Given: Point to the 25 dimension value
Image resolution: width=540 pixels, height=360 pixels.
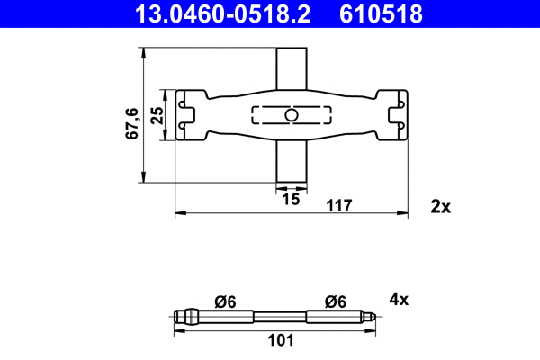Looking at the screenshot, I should click(x=157, y=115).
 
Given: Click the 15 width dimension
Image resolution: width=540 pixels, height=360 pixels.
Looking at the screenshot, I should click(x=290, y=199).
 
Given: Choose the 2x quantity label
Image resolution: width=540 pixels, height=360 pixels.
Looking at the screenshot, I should click(x=440, y=206).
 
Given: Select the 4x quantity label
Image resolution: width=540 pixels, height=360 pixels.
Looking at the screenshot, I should click(x=400, y=299).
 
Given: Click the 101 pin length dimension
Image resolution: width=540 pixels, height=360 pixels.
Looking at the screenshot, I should click(x=282, y=340).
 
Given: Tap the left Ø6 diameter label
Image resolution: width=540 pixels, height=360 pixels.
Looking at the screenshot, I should click(x=226, y=301).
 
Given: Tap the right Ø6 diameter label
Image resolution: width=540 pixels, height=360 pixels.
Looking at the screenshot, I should click(x=337, y=301).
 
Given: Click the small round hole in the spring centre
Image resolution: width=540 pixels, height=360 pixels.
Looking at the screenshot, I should click(x=290, y=115).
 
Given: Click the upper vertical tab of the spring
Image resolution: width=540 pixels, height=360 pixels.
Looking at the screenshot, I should click(x=290, y=67).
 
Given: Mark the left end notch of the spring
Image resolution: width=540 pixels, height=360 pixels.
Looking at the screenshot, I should click(x=187, y=115).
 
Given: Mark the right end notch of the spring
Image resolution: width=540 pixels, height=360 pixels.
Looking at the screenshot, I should click(x=394, y=115).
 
